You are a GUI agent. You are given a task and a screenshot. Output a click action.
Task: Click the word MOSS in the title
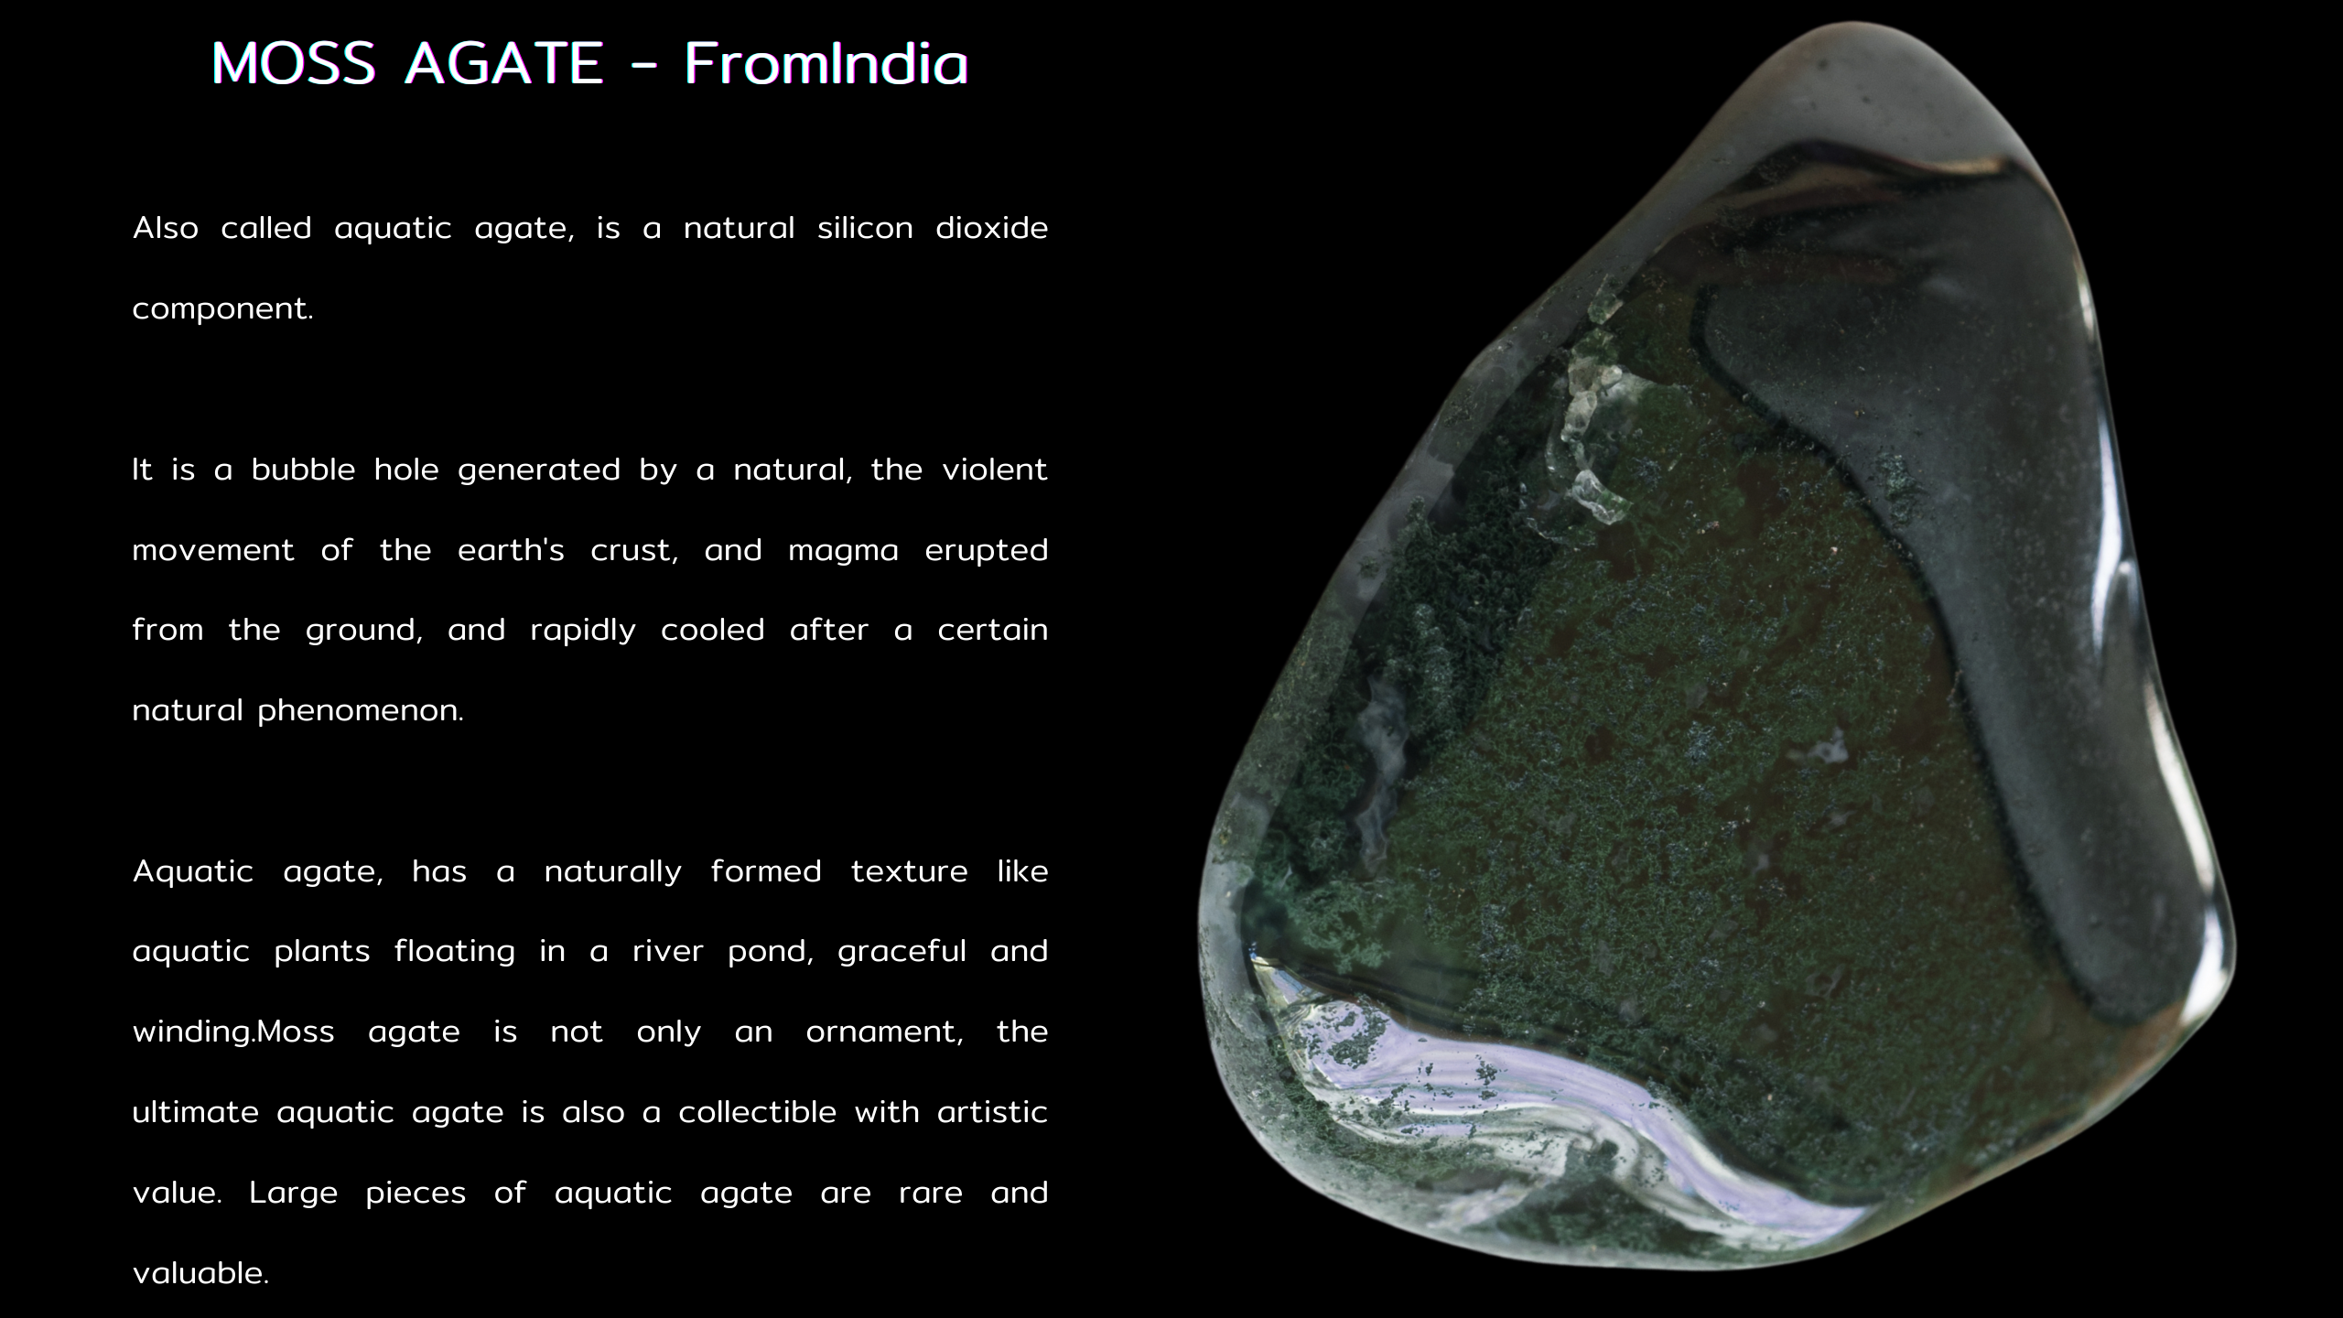293,64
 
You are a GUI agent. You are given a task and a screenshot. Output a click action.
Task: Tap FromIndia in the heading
826,64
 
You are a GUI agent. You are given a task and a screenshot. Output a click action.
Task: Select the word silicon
865,227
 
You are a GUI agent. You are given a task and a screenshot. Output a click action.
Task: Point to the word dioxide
991,227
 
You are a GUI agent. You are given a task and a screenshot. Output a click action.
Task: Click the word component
222,309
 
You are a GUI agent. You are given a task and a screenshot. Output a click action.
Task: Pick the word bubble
303,469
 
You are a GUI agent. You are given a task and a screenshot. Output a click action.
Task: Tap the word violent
995,469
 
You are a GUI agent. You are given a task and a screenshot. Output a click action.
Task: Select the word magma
843,551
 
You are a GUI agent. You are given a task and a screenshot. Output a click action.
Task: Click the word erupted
986,551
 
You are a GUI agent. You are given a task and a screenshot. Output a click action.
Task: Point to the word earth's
511,549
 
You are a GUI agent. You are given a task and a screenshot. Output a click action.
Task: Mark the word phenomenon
361,711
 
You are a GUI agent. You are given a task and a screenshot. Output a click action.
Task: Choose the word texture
909,870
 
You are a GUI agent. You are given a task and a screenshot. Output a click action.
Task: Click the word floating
455,952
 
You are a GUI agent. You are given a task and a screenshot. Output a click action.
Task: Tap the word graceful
902,952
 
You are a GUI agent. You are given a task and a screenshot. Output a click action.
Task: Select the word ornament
884,1032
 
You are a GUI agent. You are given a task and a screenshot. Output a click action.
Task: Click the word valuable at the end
200,1272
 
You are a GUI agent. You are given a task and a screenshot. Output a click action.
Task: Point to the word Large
294,1194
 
